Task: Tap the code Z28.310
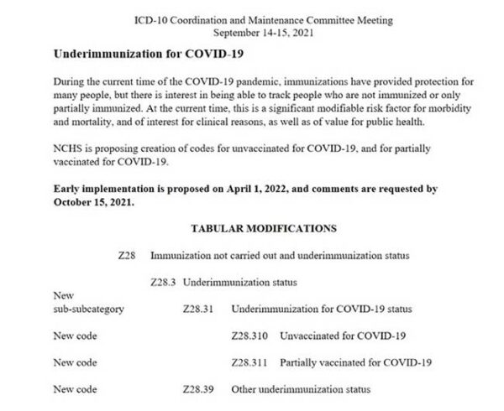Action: point(249,336)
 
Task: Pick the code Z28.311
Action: point(249,362)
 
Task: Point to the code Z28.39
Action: point(197,389)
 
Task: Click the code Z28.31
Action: point(197,309)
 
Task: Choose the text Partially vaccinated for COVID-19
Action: point(355,362)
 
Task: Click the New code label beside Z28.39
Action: point(75,389)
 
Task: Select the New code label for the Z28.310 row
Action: point(75,336)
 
